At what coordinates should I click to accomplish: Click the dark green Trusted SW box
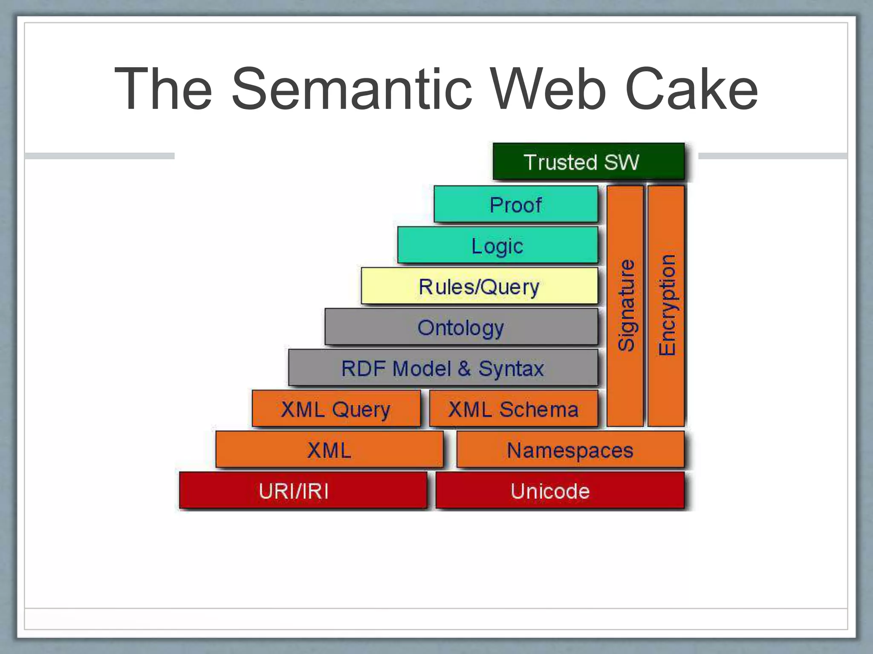[x=588, y=162]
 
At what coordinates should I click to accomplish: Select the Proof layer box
[x=516, y=204]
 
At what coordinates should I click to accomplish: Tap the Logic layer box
[x=497, y=246]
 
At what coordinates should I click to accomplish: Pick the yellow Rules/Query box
[x=479, y=286]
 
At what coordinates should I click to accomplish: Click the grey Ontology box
[x=461, y=327]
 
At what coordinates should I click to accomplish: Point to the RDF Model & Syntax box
[x=443, y=368]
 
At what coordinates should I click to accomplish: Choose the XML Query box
[x=336, y=409]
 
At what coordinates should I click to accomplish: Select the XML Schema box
[x=513, y=409]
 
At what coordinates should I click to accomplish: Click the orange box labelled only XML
[x=329, y=450]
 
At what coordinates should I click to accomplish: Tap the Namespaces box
[x=570, y=450]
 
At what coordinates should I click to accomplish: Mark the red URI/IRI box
[x=303, y=490]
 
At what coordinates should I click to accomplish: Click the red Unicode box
[x=560, y=490]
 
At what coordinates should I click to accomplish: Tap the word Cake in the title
[x=691, y=89]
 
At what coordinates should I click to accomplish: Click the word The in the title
[x=163, y=89]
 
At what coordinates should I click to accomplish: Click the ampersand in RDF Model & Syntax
[x=464, y=368]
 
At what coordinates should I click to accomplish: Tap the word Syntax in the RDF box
[x=511, y=369]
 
